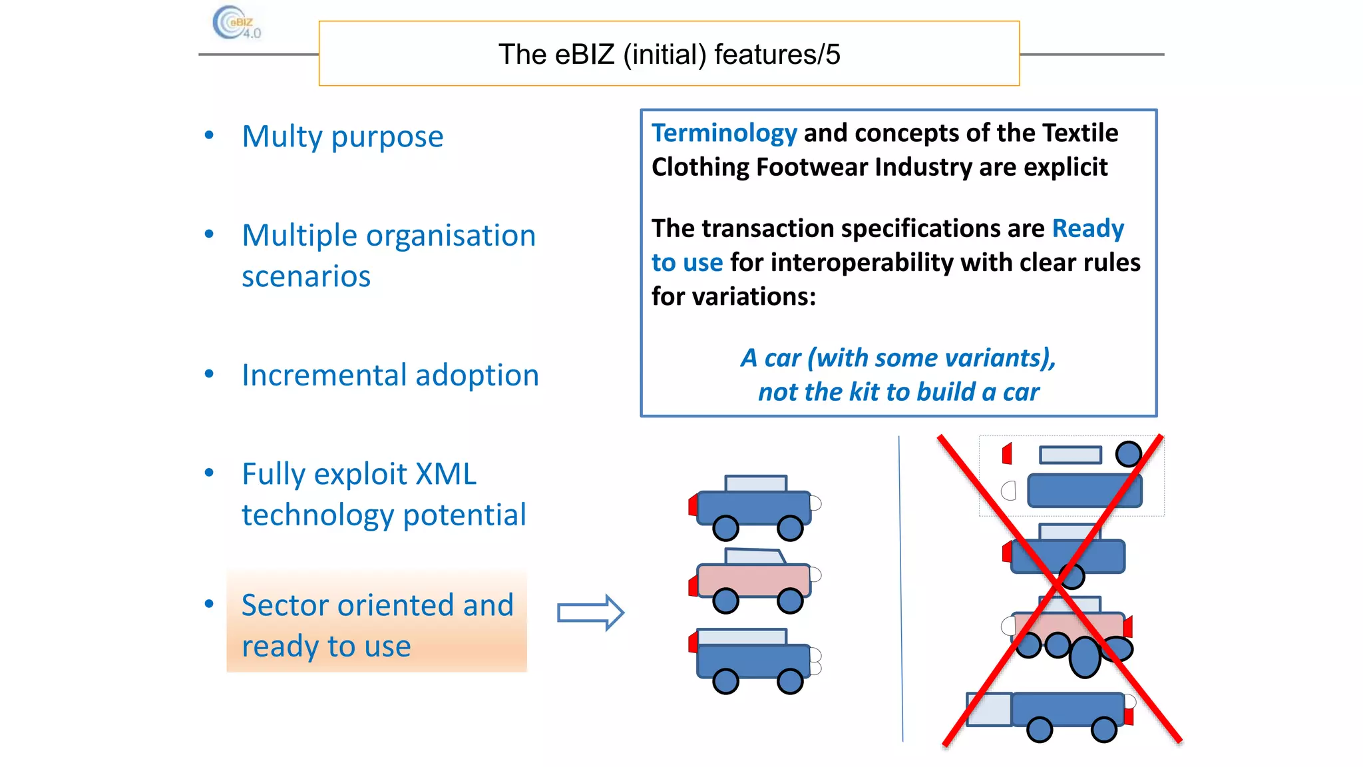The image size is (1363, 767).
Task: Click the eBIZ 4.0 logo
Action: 236,24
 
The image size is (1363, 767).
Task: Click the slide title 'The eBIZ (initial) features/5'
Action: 669,55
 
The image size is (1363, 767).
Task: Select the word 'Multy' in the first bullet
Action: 282,137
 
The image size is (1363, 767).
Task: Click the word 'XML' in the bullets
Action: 445,475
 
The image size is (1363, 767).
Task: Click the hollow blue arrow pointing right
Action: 590,613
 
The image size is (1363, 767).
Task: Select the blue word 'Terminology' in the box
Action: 724,133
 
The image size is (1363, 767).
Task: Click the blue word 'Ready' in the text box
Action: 1087,229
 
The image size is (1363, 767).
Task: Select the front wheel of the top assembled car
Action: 790,528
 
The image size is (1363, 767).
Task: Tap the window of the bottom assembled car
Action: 741,637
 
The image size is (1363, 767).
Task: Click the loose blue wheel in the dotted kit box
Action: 1128,454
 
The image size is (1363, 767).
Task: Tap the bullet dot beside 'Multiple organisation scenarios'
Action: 209,234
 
